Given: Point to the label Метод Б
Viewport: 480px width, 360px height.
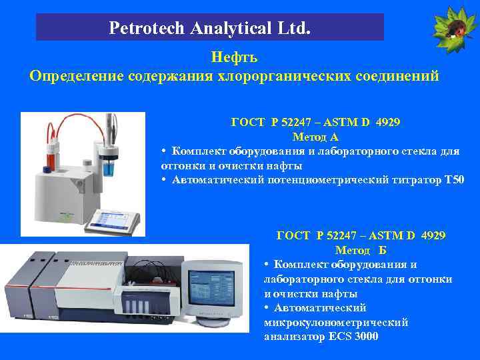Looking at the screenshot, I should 361,250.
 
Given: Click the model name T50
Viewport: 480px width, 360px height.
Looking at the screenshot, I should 453,179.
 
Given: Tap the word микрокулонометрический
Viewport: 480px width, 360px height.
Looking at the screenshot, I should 336,322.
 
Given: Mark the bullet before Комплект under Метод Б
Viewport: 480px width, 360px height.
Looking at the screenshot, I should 267,264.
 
